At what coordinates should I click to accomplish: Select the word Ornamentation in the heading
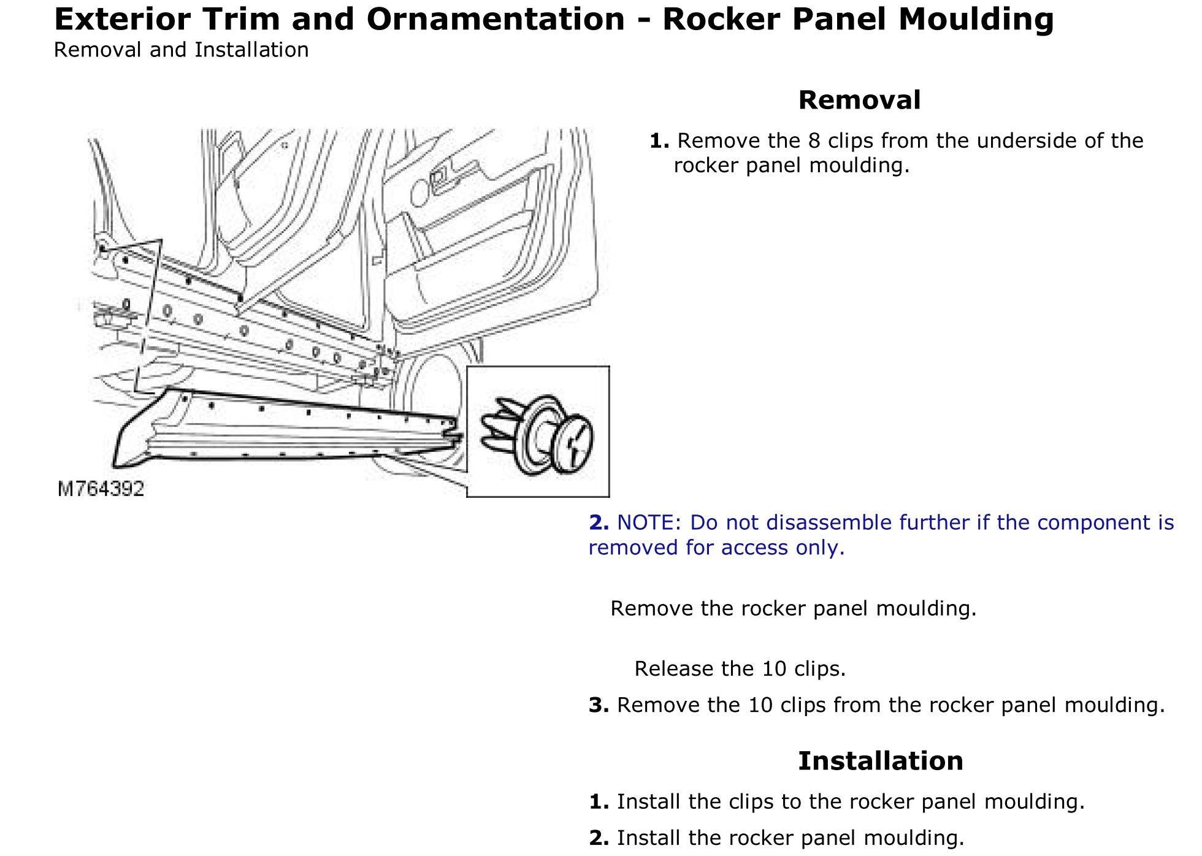[495, 19]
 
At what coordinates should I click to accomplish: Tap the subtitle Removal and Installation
[181, 50]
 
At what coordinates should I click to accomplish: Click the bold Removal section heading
[859, 100]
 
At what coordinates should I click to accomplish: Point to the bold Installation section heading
[880, 761]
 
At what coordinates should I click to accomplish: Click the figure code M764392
[101, 489]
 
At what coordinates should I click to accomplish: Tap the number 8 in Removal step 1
[813, 141]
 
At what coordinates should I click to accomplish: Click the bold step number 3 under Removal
[598, 705]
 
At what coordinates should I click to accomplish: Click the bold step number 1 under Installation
[598, 802]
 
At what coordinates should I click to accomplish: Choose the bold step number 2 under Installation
[598, 838]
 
